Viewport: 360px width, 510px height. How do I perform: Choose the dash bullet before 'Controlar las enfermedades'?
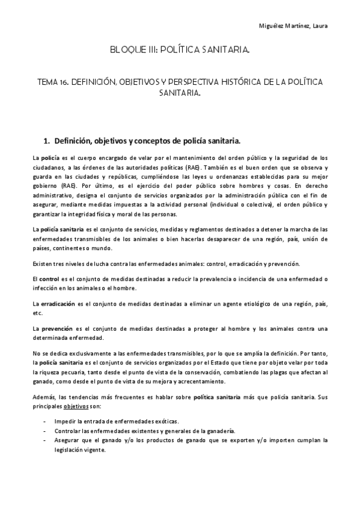[45, 431]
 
